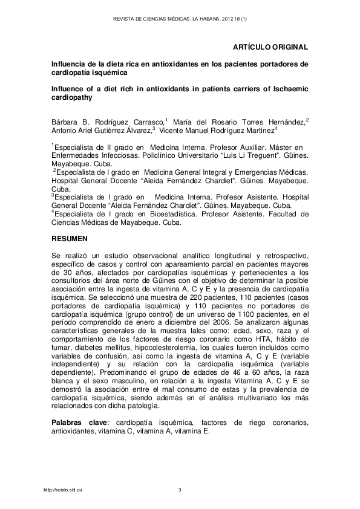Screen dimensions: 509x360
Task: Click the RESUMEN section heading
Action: pos(70,240)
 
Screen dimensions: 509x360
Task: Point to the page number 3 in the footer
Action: pos(180,489)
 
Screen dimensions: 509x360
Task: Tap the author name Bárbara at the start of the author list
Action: pos(65,123)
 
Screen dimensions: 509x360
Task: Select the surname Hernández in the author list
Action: pos(284,123)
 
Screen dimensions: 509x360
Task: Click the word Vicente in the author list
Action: pos(174,130)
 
